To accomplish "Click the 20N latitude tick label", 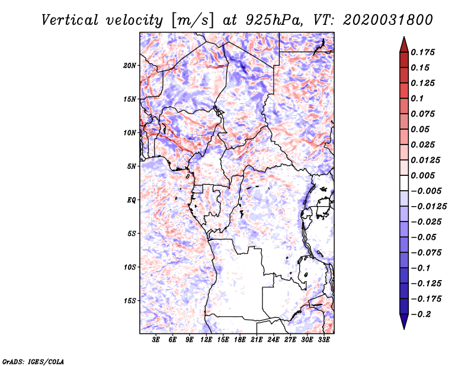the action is pos(129,66).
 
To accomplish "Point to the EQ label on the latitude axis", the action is pos(132,200).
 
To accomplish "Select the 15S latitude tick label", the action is pos(129,301).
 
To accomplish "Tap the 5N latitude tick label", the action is pos(131,166).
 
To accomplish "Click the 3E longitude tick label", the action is pos(156,340).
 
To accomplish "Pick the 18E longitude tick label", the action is pos(240,340).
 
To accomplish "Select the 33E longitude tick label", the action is pos(324,340).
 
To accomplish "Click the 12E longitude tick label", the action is pos(206,340).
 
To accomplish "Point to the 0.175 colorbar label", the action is pos(422,52).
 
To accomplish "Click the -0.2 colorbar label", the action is pos(421,314).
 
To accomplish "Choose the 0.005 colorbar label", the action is pos(422,175).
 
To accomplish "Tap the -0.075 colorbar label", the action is pos(426,253).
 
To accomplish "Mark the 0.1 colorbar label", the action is pos(417,98).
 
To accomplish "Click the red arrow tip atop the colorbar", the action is pos(404,37).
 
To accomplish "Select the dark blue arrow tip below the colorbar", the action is pos(404,329).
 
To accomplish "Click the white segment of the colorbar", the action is pos(404,183).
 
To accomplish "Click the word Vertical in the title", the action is pos(70,20).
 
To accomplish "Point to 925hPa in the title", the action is pos(274,20).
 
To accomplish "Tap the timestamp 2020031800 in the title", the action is pos(388,20).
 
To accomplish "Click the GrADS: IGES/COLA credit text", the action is pos(33,361).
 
